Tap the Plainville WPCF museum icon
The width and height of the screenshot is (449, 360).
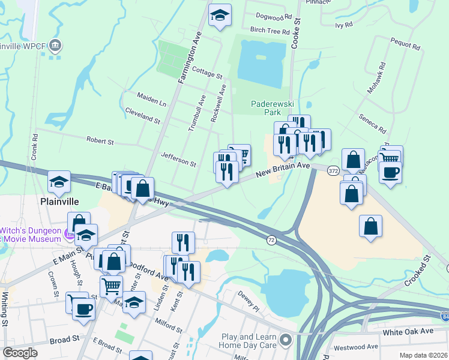(x=55, y=45)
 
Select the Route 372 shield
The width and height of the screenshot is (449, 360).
(x=331, y=171)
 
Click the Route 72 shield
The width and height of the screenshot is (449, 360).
(x=271, y=240)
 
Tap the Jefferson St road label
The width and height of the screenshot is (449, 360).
(x=178, y=159)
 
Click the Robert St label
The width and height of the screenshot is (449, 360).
(x=100, y=141)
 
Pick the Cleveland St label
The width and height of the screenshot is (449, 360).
(x=142, y=116)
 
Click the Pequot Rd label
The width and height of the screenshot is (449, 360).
(x=408, y=43)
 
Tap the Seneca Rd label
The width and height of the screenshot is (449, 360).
(x=372, y=123)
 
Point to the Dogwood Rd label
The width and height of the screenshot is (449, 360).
(x=273, y=17)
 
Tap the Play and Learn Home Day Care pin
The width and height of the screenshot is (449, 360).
(x=286, y=341)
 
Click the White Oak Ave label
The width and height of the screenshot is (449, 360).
(x=408, y=331)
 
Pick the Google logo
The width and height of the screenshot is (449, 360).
(x=20, y=353)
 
